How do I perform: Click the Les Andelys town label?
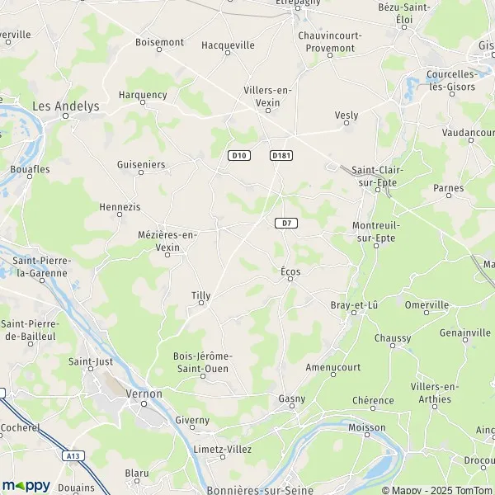tap(65, 106)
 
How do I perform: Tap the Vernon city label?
tap(144, 394)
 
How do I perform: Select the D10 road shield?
tap(239, 155)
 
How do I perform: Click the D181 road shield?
tap(281, 155)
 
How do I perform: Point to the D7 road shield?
tap(285, 223)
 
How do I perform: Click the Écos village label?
tap(290, 271)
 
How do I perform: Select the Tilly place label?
tap(200, 295)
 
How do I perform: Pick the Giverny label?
tap(193, 419)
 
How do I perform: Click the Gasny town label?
tap(292, 398)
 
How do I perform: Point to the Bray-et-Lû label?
tap(354, 305)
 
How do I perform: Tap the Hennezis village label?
tap(120, 206)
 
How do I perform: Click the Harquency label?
tap(143, 95)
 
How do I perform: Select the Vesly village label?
tap(346, 115)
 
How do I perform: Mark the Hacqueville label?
tap(229, 45)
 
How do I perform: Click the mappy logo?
tap(26, 485)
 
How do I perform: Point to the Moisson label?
tap(367, 427)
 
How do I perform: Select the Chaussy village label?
tap(392, 338)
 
